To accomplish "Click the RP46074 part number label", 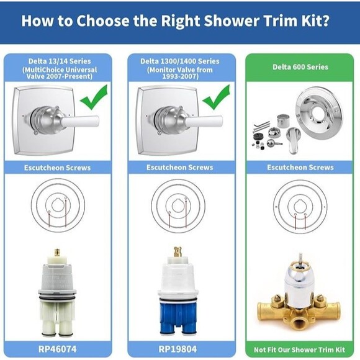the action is click(57, 349).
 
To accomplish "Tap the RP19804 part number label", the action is click(178, 349).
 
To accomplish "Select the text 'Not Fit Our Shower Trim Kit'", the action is click(299, 349).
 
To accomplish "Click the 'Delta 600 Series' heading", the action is click(300, 67).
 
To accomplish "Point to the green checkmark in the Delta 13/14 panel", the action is click(94, 97).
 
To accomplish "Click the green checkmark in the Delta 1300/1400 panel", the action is click(216, 97).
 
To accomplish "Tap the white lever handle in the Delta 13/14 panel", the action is click(80, 122).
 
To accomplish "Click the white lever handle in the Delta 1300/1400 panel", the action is click(204, 122).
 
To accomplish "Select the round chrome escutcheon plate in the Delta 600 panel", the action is click(318, 113).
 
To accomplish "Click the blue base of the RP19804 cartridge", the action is click(178, 317).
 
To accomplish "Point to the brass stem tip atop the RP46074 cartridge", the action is click(57, 253).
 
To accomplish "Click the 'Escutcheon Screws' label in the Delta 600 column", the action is click(300, 168).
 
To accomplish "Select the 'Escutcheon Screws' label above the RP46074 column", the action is click(57, 168).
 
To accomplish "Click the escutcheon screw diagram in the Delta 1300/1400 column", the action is click(178, 206).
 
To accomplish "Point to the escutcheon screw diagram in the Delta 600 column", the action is click(300, 207).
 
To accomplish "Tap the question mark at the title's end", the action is click(326, 20).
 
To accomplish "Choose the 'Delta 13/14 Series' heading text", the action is click(60, 61).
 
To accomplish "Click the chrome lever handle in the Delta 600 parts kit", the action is click(294, 140).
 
